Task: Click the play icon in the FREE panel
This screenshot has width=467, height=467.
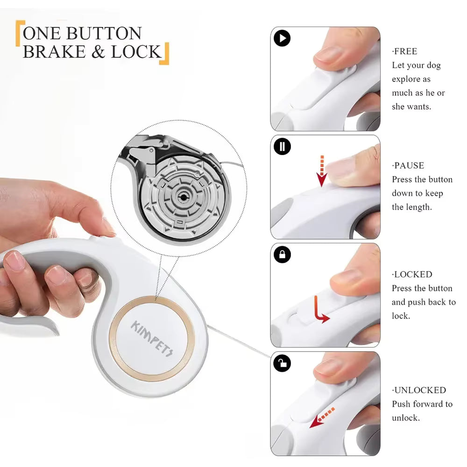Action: (282, 38)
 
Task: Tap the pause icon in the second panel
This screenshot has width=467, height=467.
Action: (282, 146)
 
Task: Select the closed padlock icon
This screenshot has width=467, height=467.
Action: (282, 255)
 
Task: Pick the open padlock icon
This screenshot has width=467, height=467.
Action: (282, 363)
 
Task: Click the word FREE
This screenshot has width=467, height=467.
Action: (405, 51)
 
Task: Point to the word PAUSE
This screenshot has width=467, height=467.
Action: (409, 166)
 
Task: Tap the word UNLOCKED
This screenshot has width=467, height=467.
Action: (420, 390)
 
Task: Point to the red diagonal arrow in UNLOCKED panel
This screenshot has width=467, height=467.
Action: (322, 417)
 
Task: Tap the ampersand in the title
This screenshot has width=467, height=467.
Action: (98, 52)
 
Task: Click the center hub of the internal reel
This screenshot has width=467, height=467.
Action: (182, 197)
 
